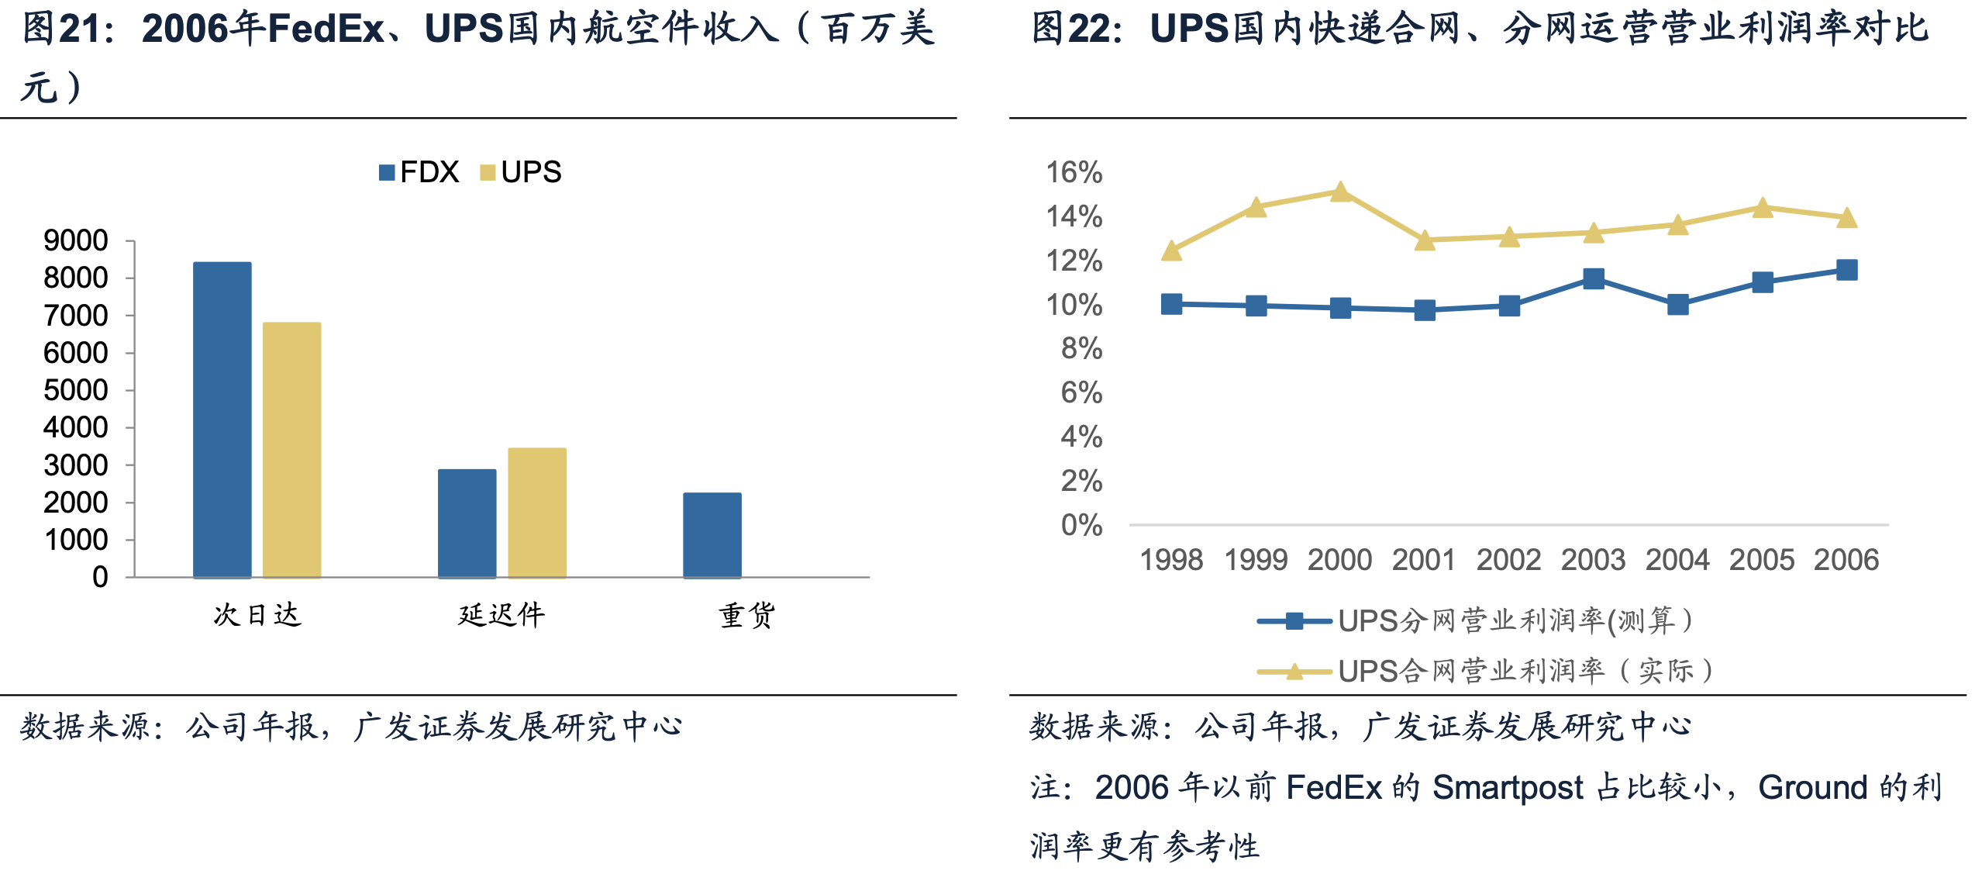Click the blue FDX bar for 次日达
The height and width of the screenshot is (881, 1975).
click(x=222, y=420)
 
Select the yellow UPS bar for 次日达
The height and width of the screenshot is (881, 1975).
click(x=292, y=450)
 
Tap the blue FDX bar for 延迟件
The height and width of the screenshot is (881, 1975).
click(x=467, y=523)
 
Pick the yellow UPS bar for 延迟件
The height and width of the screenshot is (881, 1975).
click(x=537, y=513)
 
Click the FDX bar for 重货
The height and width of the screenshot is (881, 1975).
click(x=712, y=535)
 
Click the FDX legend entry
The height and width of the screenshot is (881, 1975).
click(x=419, y=172)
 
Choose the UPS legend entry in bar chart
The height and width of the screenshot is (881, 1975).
click(x=521, y=172)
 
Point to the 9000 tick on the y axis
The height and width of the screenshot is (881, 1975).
click(x=76, y=241)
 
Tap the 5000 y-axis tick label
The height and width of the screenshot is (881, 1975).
click(x=76, y=390)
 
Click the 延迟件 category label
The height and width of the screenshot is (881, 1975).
click(x=502, y=615)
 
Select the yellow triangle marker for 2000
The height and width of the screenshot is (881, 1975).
click(x=1340, y=192)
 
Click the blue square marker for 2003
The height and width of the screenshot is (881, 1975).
click(x=1594, y=279)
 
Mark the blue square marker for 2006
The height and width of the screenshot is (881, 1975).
click(x=1847, y=270)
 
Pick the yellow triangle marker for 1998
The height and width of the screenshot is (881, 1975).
click(x=1172, y=250)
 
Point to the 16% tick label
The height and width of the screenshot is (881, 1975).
click(x=1074, y=172)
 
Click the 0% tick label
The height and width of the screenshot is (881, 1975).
click(x=1081, y=525)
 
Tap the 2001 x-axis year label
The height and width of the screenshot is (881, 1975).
click(x=1424, y=560)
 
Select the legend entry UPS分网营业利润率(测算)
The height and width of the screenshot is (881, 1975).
click(x=1477, y=621)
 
